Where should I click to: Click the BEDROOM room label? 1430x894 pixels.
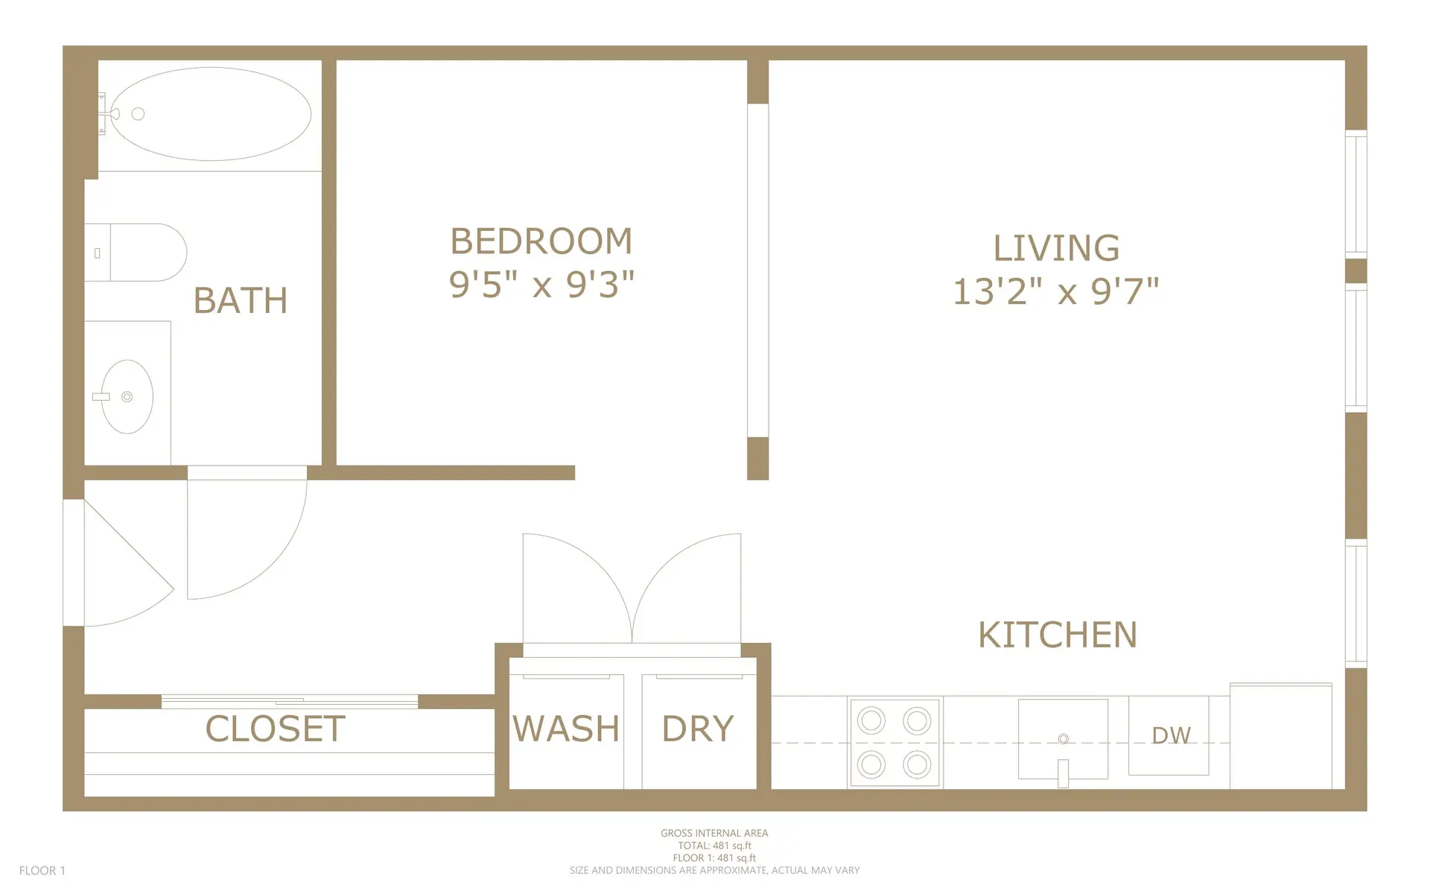541,241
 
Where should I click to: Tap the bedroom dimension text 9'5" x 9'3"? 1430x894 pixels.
541,285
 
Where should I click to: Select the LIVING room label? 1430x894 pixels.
1056,248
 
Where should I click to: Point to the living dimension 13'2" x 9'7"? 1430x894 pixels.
1056,291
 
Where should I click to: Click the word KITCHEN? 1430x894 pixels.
1057,635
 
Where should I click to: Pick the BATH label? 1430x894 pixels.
240,301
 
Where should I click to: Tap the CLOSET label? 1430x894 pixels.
275,729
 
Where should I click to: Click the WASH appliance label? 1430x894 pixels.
566,729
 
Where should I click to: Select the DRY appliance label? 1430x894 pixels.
698,729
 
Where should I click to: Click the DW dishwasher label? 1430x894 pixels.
1171,736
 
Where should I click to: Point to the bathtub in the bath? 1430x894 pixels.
212,114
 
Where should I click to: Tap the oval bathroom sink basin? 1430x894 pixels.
127,397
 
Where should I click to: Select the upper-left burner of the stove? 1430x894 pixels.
871,720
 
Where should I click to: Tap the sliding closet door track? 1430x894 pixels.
289,701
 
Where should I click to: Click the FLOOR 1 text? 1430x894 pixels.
42,870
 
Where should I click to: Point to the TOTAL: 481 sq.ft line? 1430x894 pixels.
714,846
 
